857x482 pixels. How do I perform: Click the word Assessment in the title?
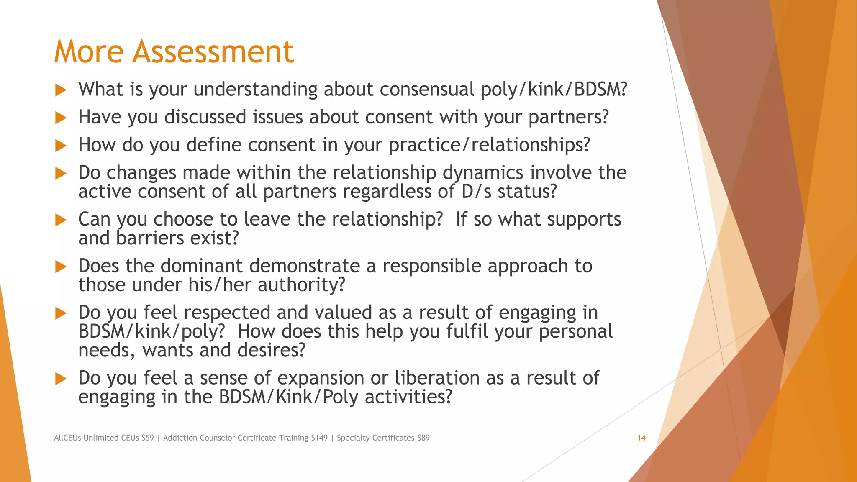[213, 52]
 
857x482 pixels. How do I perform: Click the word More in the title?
[89, 52]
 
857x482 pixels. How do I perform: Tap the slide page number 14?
[641, 438]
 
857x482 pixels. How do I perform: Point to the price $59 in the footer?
[147, 438]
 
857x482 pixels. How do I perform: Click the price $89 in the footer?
[423, 438]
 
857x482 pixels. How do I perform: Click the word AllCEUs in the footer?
[67, 438]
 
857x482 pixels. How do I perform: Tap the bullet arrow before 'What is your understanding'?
[61, 90]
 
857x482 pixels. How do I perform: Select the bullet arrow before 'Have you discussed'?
[61, 118]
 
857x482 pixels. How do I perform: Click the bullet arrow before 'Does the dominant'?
[61, 267]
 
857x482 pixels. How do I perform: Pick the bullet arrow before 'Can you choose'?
[61, 220]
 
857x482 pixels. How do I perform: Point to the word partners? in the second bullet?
[568, 118]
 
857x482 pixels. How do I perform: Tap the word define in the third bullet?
[214, 145]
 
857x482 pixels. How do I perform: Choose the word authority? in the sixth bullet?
[301, 285]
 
